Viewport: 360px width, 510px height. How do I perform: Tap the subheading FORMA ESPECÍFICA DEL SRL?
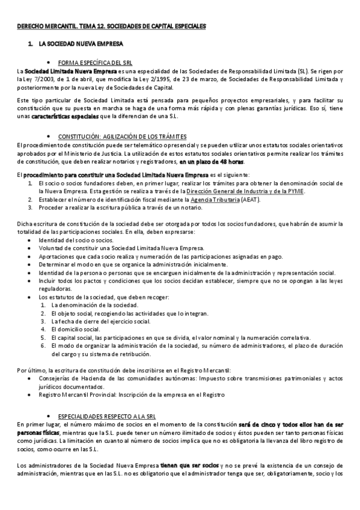point(96,63)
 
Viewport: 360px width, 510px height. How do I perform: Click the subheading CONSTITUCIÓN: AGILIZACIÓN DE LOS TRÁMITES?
point(122,137)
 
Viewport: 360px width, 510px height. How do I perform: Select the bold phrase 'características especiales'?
point(65,116)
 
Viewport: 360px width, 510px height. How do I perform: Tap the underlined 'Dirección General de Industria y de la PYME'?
point(245,191)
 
